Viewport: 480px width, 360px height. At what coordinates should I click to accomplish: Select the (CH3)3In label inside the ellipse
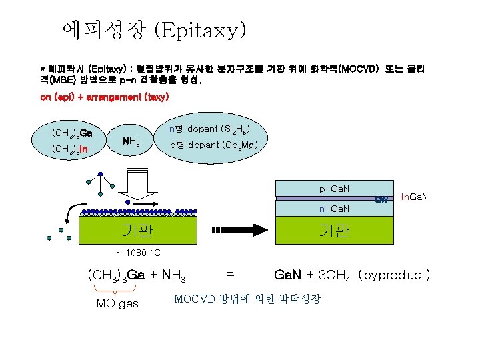point(70,149)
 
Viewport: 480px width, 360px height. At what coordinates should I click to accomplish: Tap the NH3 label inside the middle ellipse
point(130,141)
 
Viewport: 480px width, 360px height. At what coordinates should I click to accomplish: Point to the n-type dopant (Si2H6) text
point(209,128)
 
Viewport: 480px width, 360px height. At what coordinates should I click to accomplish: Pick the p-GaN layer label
point(334,189)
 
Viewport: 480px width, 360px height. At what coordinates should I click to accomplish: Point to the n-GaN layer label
point(334,209)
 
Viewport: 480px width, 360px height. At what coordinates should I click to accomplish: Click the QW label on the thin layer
point(381,199)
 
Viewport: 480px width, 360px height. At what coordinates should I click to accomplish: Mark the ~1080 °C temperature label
point(137,253)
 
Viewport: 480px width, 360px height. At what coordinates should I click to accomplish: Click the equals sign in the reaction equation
point(230,275)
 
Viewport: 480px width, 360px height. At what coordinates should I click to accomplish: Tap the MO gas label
point(117,304)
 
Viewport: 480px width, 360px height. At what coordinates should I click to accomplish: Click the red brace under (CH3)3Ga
point(117,289)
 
